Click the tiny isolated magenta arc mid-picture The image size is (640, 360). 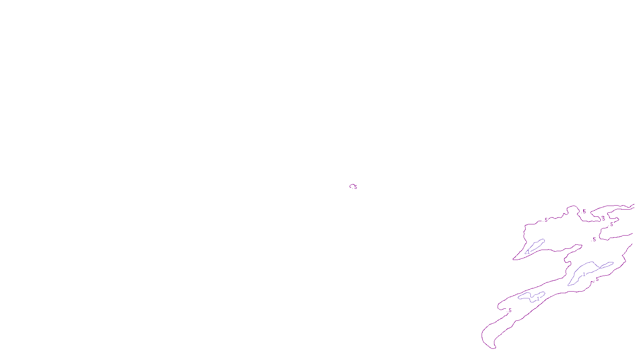tap(352, 185)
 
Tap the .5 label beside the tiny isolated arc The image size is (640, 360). tap(355, 187)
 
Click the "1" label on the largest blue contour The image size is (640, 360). tap(584, 274)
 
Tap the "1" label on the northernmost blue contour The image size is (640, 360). tap(528, 252)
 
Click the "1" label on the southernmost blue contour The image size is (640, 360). tap(538, 298)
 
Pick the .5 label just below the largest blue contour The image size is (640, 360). tap(597, 280)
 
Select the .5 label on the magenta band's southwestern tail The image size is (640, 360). tap(510, 310)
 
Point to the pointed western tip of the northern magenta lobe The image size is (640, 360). tap(514, 260)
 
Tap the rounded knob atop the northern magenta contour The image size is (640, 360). tap(573, 207)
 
